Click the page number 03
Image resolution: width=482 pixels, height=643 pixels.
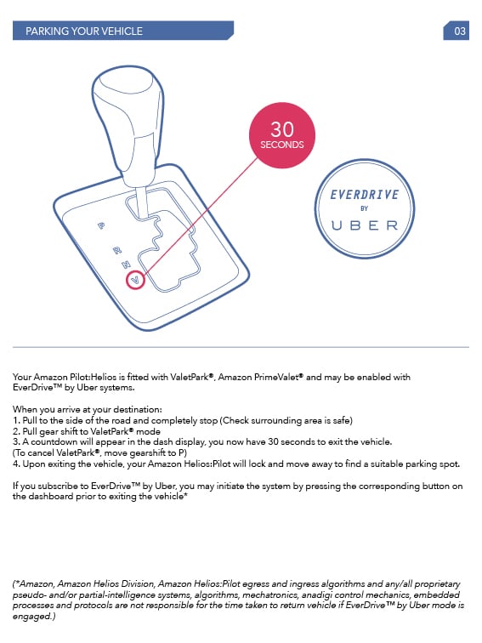point(460,31)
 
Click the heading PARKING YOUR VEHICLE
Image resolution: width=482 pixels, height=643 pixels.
point(84,31)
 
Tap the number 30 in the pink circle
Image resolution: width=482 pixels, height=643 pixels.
point(281,129)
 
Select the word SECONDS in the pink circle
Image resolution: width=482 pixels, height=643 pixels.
point(281,145)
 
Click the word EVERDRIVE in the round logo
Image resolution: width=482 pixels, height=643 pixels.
point(364,195)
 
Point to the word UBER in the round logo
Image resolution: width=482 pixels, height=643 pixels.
point(364,225)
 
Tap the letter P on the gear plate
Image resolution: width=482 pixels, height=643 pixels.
point(101,226)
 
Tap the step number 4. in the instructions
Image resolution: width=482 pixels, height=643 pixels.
point(17,464)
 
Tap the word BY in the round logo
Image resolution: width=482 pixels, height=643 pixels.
point(364,209)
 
